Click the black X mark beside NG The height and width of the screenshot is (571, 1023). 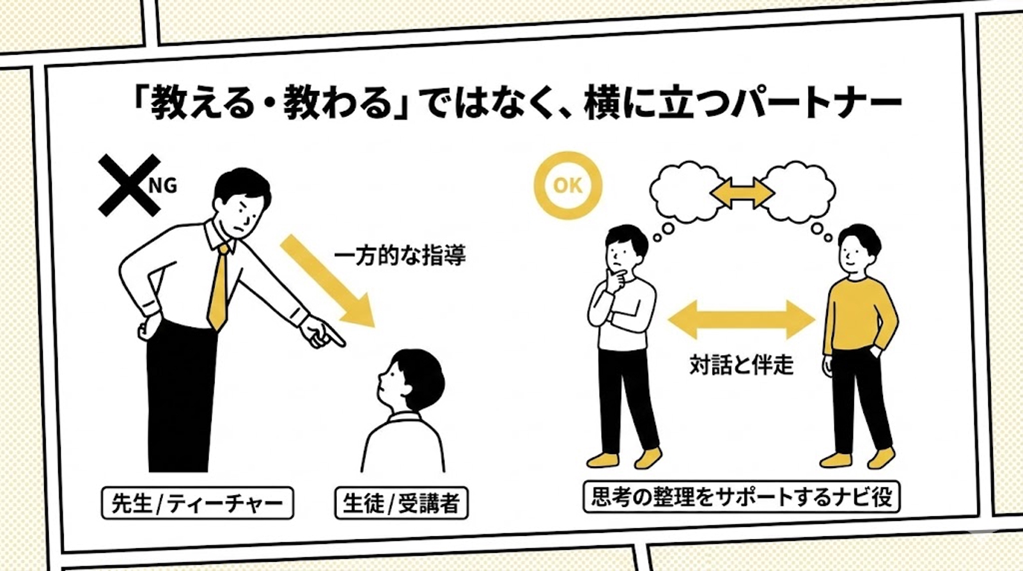click(128, 184)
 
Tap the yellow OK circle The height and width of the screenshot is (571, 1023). click(568, 185)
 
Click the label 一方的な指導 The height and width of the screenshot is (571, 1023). click(400, 255)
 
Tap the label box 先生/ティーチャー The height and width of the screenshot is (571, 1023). click(197, 503)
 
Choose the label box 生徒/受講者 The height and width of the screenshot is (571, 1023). click(401, 503)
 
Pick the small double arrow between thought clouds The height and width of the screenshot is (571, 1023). click(742, 192)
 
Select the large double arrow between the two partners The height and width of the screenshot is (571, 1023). click(742, 319)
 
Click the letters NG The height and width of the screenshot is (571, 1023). click(162, 185)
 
